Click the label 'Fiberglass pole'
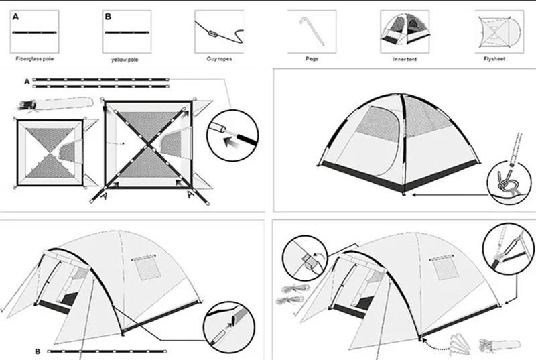click(x=35, y=59)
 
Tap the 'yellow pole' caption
click(x=126, y=59)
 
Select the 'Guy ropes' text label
click(x=218, y=59)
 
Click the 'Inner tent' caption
click(x=405, y=59)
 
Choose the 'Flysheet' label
click(x=494, y=59)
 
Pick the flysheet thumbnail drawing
click(x=496, y=31)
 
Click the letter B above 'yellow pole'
click(x=108, y=16)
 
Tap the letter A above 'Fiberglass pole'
click(x=15, y=16)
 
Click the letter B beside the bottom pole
click(x=38, y=350)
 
